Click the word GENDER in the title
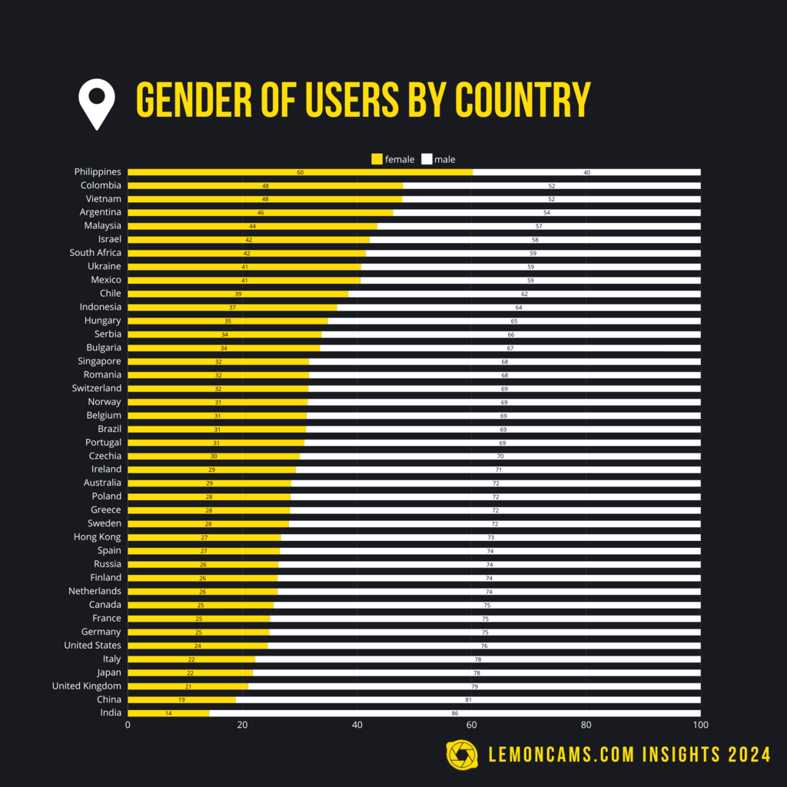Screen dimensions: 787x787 coord(190,99)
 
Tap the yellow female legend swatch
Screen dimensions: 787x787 coord(377,159)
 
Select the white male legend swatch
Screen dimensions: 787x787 coord(427,159)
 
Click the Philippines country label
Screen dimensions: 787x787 coord(98,171)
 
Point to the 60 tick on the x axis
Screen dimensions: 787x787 coord(471,725)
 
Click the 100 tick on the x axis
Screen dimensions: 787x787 coord(700,725)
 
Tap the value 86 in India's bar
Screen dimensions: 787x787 coord(455,713)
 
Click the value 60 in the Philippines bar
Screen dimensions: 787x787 coord(301,172)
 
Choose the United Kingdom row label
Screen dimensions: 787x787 coord(86,686)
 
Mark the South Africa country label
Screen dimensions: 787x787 coord(95,252)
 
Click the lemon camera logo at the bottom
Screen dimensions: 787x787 coord(462,755)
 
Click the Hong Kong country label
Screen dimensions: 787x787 coord(97,536)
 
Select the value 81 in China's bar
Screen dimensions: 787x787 coord(468,699)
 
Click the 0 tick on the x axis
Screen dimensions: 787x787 coord(128,725)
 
